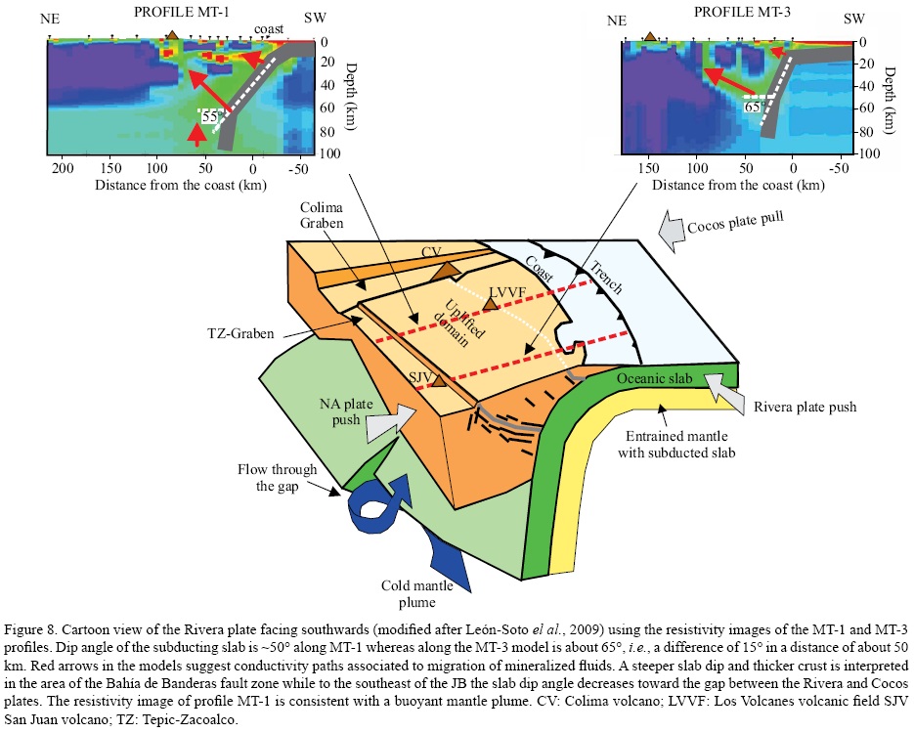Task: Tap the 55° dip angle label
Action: (x=210, y=117)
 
